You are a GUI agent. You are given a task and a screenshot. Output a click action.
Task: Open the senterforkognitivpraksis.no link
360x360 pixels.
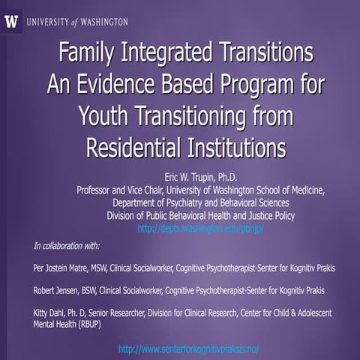[189, 349]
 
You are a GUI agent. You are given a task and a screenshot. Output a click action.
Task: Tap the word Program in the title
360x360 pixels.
[247, 83]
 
